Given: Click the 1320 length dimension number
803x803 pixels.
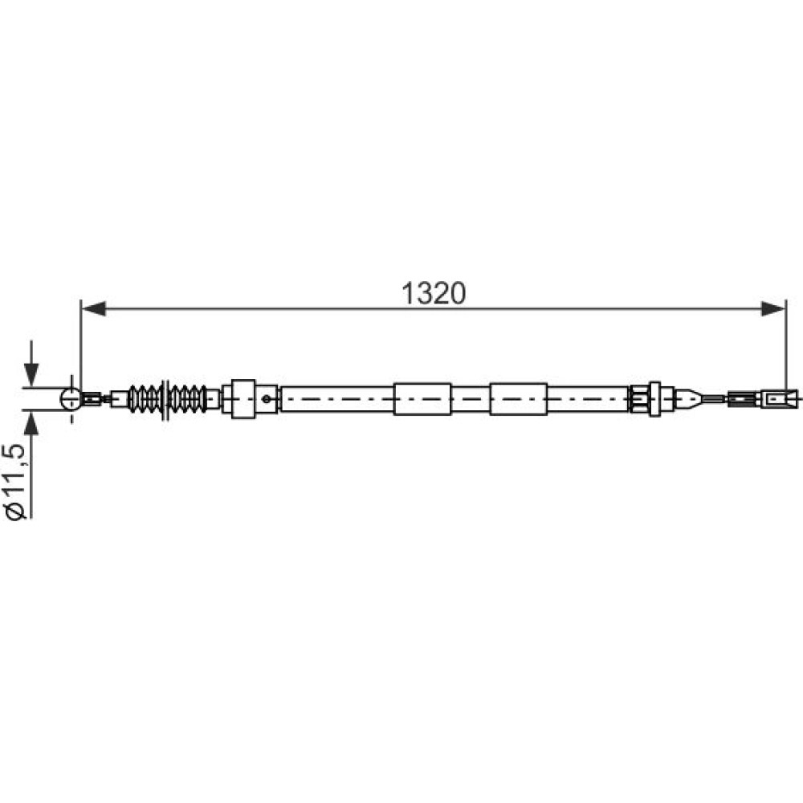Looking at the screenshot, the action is coord(434,294).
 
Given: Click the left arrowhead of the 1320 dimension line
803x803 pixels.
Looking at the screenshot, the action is coord(94,309).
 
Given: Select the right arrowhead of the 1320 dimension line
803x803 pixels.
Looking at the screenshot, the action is coord(772,309).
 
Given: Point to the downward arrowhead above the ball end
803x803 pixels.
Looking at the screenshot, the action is coord(31,375).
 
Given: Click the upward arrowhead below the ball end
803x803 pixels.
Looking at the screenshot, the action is coord(31,423).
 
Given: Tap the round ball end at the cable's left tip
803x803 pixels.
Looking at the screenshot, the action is coord(71,398).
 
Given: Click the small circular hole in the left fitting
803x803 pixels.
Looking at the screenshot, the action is coord(267,398).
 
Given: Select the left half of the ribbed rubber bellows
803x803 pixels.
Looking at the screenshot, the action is coord(145,398).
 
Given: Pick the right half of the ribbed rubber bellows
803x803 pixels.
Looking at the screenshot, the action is coord(188,398).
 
